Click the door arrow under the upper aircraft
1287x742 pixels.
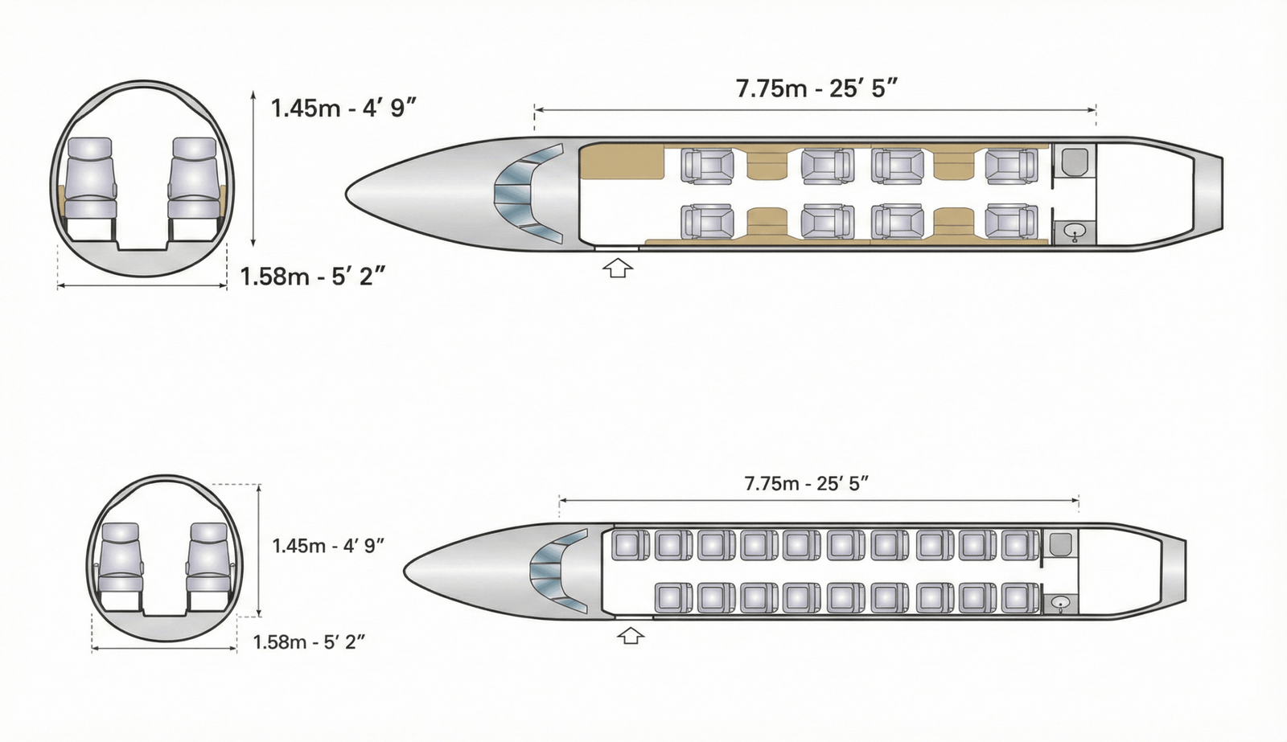tap(618, 269)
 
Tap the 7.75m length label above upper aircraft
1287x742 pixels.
tap(816, 89)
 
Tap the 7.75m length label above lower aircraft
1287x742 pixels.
tap(806, 484)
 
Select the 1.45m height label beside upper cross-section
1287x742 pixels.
tap(343, 108)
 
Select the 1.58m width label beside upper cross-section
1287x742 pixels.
tap(312, 277)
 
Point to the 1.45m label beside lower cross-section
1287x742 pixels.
tap(328, 546)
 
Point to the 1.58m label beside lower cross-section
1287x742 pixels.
tap(309, 642)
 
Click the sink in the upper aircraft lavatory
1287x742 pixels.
tap(1075, 232)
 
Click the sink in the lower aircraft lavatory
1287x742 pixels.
tap(1061, 603)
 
